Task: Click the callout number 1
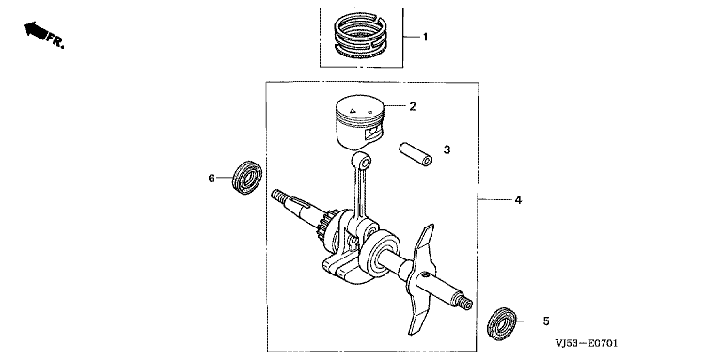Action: tap(425, 37)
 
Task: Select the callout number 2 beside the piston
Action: tap(412, 107)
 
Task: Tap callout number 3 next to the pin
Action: tap(447, 149)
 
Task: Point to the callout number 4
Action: tap(518, 200)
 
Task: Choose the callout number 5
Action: tap(546, 321)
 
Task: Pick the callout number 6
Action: tap(212, 179)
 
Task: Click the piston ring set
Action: tap(361, 36)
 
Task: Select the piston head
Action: tap(359, 121)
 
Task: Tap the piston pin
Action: tap(415, 154)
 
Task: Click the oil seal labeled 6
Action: tap(247, 178)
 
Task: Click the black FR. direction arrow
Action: tap(36, 30)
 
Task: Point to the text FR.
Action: tap(55, 40)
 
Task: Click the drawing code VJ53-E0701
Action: tap(587, 343)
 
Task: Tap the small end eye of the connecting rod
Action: tap(362, 161)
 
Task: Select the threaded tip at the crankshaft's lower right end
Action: tap(465, 302)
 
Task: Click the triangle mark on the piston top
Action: tap(353, 111)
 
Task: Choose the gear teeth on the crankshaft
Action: tap(327, 226)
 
